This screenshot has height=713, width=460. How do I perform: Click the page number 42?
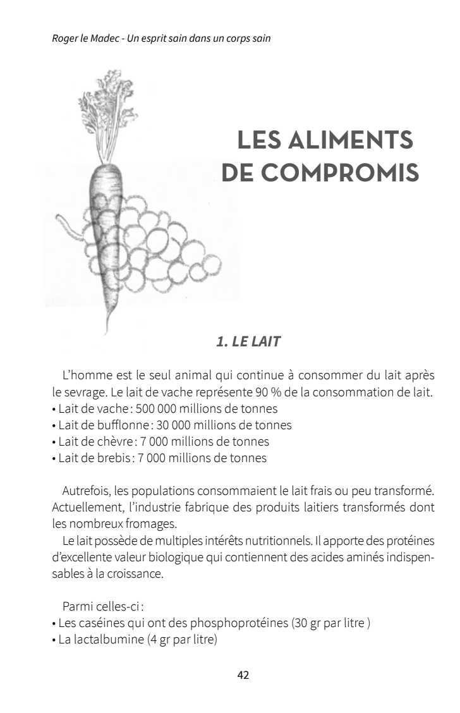click(243, 675)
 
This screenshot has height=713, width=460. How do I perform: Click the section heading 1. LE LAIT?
click(248, 342)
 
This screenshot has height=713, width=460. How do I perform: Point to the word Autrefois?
click(86, 491)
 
